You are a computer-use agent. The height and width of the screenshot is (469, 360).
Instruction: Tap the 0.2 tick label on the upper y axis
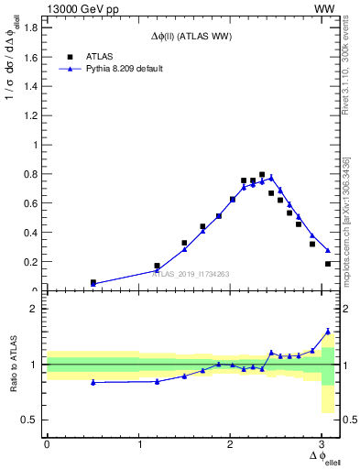pos(31,262)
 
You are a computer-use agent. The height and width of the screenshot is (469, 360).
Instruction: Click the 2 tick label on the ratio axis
pos(35,310)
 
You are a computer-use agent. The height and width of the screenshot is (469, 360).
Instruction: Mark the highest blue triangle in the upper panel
pos(271,177)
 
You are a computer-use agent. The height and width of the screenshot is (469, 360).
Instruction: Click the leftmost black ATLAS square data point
pos(93,282)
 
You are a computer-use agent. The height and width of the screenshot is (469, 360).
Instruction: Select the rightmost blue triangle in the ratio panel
pos(328,331)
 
